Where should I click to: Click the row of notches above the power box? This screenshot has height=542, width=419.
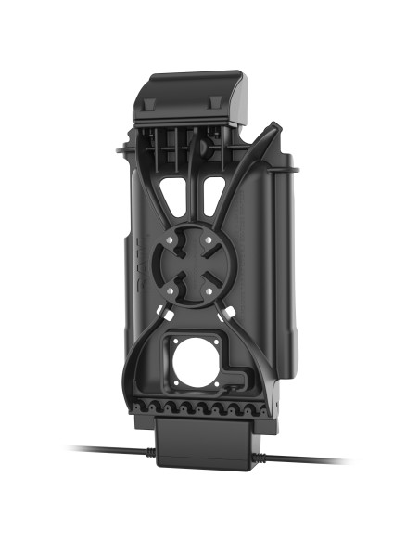click(x=204, y=406)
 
